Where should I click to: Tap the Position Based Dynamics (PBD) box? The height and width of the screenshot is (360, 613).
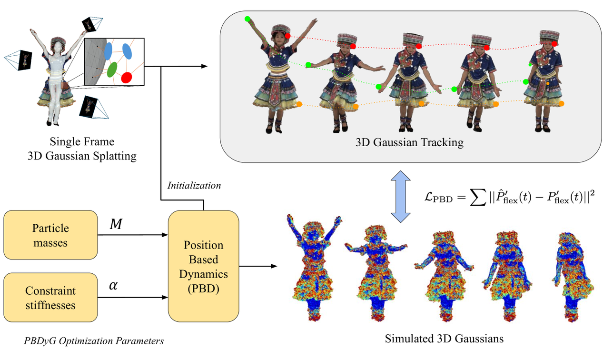pyautogui.click(x=203, y=266)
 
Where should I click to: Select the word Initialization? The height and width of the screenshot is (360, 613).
pyautogui.click(x=194, y=186)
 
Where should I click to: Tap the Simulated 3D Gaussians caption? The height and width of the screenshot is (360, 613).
pyautogui.click(x=444, y=339)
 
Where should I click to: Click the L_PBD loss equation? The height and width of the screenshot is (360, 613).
pyautogui.click(x=510, y=197)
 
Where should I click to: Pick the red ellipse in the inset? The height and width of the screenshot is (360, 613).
pyautogui.click(x=127, y=77)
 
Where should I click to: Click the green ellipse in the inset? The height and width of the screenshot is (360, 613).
pyautogui.click(x=112, y=70)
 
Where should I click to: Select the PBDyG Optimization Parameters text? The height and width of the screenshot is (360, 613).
pyautogui.click(x=93, y=340)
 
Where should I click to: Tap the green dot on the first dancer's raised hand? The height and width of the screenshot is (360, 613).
pyautogui.click(x=247, y=19)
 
